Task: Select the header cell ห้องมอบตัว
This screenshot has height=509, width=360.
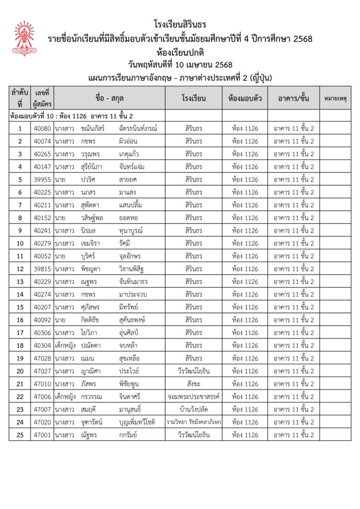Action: click(245, 98)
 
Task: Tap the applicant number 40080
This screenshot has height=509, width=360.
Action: click(42, 128)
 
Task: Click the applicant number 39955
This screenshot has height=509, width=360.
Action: click(42, 179)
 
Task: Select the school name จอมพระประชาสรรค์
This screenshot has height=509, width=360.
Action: click(193, 397)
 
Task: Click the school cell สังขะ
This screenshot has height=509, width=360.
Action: click(193, 384)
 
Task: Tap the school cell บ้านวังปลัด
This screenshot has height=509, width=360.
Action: click(193, 410)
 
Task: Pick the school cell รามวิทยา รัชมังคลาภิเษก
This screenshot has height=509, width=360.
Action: click(193, 422)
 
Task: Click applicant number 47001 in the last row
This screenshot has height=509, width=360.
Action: click(42, 435)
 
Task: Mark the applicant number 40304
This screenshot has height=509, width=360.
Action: click(42, 345)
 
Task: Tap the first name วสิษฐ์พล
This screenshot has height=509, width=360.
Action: click(93, 218)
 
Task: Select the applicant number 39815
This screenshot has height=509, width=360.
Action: click(42, 269)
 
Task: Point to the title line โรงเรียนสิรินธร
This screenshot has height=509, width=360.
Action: click(180, 24)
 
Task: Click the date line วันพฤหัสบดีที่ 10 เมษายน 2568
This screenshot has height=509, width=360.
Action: click(180, 64)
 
